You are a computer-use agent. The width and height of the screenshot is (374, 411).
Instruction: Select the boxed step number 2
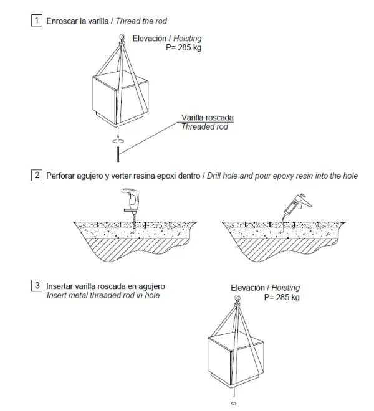pos(37,176)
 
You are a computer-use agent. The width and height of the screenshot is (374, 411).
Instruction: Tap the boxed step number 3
pos(37,286)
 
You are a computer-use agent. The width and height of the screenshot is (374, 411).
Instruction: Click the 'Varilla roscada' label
pos(204,118)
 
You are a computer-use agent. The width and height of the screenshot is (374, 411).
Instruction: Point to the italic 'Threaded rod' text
pos(204,127)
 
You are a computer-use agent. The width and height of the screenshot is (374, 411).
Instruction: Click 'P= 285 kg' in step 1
pos(184,47)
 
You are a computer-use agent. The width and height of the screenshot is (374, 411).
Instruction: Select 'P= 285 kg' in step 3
pos(282,298)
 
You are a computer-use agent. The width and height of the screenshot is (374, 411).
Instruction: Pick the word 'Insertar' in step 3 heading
pos(60,286)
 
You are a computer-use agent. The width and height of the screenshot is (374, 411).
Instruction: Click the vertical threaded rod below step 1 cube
pos(116,152)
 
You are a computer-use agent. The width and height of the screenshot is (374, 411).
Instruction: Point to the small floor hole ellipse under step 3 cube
pos(233,404)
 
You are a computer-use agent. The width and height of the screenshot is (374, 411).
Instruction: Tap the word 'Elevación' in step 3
pos(248,288)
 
